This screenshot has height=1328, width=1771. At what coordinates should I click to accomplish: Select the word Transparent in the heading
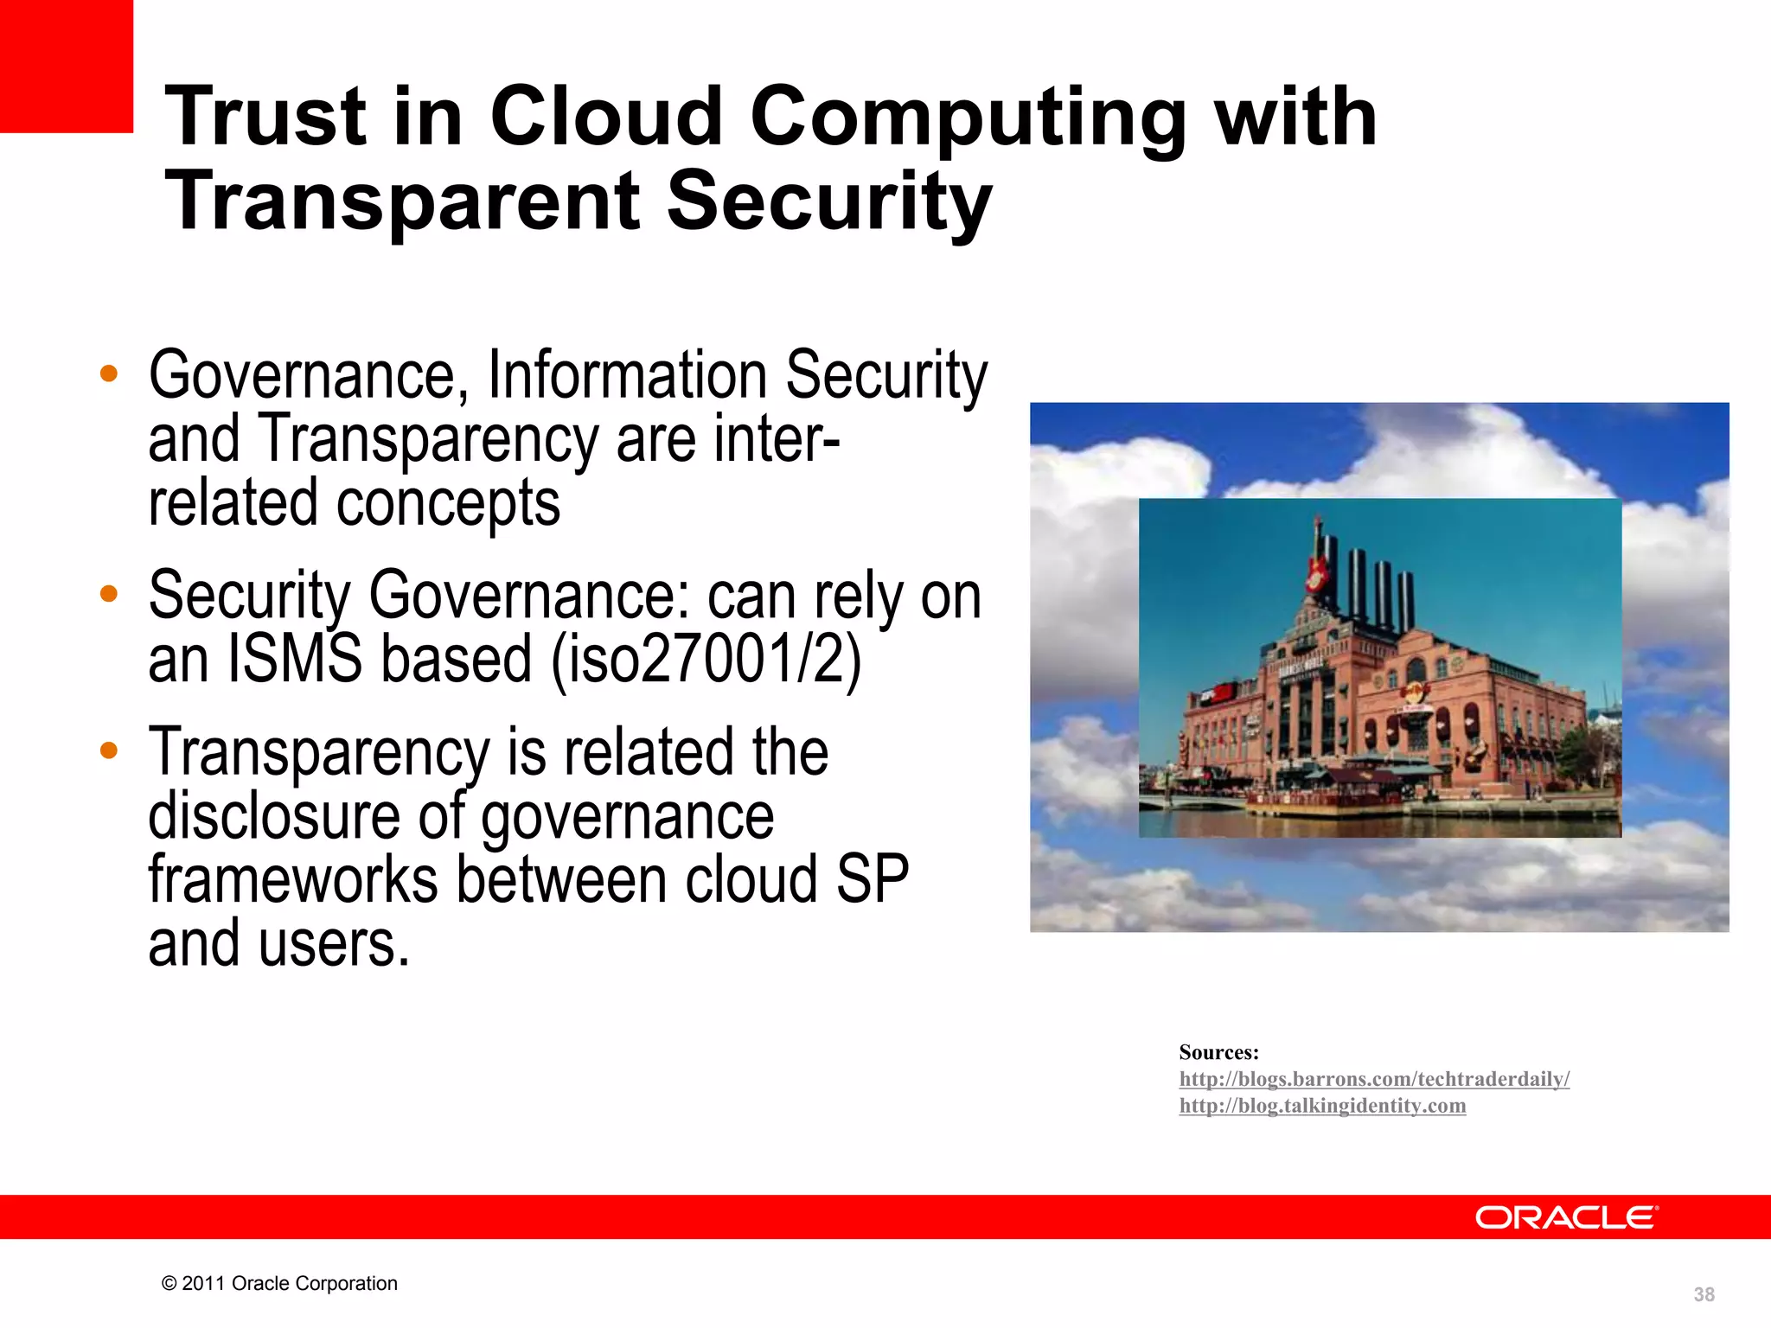403,201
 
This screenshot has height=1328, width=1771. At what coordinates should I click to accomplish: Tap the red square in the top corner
66,66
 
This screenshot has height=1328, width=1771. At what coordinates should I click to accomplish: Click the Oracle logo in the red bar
1566,1217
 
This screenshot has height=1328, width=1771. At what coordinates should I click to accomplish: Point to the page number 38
1704,1294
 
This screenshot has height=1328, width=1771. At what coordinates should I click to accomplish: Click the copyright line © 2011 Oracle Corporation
279,1283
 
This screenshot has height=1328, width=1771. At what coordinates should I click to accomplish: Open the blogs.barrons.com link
1374,1079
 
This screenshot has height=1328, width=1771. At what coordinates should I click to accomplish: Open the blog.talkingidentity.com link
1322,1106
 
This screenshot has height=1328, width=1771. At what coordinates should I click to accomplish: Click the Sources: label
1218,1052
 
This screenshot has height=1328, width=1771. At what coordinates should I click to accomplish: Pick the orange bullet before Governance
108,374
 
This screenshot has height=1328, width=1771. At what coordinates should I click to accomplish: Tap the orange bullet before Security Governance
108,594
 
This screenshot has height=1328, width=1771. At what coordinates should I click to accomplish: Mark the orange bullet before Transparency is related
108,750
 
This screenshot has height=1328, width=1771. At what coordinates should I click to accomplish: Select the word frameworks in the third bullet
292,880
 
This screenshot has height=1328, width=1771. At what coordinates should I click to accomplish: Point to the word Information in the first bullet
627,375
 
